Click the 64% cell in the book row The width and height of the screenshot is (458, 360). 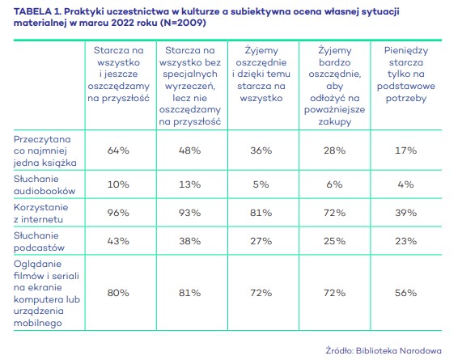[x=118, y=150]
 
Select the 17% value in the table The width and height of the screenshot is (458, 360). [x=405, y=150]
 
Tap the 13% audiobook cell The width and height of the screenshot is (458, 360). [x=190, y=184]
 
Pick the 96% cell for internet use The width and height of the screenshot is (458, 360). [x=118, y=213]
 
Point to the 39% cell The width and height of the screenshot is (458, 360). [x=405, y=213]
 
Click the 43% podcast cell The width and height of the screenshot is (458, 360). [x=118, y=241]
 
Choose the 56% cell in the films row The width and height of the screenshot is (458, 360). [x=405, y=293]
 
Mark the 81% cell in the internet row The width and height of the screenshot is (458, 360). [x=261, y=213]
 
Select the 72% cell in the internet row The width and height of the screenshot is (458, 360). [x=334, y=213]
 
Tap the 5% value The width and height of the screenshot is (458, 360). [x=261, y=184]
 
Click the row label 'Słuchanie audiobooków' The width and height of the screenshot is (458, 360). [x=45, y=184]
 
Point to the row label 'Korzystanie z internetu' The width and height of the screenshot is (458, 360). [x=41, y=213]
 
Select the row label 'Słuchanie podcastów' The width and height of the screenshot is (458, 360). [x=39, y=241]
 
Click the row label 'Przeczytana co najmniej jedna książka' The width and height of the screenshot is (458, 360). [x=45, y=150]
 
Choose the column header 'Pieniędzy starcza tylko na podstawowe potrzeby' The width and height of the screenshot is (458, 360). [x=406, y=74]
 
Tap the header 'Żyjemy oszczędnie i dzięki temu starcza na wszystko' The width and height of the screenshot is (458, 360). [x=261, y=74]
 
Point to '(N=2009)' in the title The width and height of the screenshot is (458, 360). [x=183, y=23]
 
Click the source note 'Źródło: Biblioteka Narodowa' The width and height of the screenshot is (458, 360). [x=384, y=350]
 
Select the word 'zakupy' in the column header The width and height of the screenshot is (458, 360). [x=335, y=121]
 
